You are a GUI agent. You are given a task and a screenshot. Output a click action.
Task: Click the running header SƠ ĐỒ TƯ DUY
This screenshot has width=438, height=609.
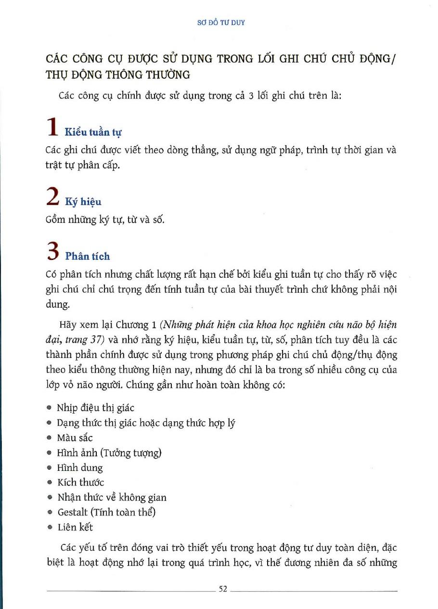tap(221, 23)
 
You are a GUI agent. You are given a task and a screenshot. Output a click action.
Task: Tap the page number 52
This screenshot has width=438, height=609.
tap(222, 589)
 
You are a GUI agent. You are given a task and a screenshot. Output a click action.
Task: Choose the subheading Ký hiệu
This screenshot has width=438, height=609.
tap(83, 202)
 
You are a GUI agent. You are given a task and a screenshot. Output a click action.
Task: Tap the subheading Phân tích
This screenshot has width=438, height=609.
tap(88, 256)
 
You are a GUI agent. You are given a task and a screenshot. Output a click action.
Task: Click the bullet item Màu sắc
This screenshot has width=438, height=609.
tap(75, 438)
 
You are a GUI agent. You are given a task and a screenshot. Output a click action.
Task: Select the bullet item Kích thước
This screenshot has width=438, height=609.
tap(80, 482)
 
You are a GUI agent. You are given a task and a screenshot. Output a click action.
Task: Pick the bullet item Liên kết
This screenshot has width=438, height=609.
tap(75, 527)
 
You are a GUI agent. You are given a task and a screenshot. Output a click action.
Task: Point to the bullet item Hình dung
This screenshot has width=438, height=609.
tap(80, 467)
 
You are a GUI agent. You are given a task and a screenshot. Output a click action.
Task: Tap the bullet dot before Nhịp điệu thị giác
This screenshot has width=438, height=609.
tap(50, 408)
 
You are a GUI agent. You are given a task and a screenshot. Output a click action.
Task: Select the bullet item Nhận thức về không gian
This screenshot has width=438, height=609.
tap(112, 497)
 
